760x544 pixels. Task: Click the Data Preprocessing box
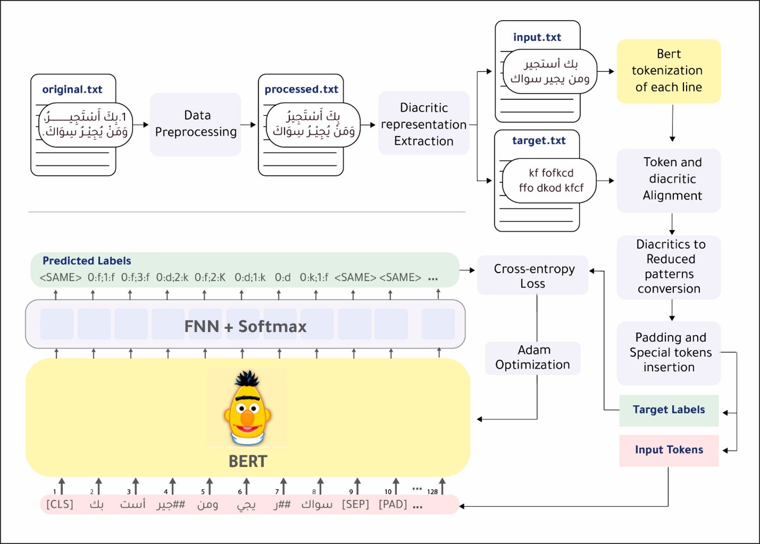click(x=196, y=124)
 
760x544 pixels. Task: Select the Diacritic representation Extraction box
click(x=424, y=124)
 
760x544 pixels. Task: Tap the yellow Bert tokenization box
click(x=668, y=71)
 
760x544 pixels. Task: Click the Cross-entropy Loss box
click(x=533, y=276)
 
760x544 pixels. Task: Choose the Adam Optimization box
click(x=533, y=358)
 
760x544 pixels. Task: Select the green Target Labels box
click(x=669, y=410)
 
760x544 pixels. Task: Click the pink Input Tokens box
click(x=669, y=450)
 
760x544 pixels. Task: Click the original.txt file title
click(x=72, y=89)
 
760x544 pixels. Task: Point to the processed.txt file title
click(x=301, y=89)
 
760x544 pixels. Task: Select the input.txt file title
click(x=537, y=37)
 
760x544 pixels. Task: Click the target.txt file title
click(x=538, y=141)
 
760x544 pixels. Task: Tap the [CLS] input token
click(x=60, y=504)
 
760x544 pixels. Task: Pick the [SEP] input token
click(x=356, y=504)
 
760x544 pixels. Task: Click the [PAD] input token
click(x=393, y=504)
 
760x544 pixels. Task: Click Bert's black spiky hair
click(x=247, y=379)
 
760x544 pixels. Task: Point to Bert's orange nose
click(x=247, y=418)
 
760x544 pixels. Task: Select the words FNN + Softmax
click(x=246, y=326)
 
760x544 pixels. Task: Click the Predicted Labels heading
click(x=87, y=261)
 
